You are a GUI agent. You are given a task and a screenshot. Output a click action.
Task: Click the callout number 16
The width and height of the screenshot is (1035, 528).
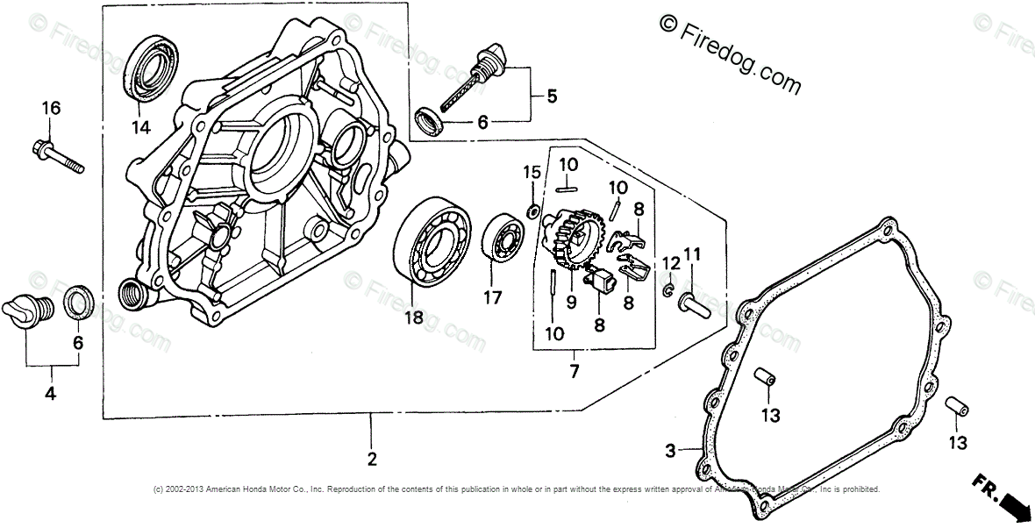click(x=51, y=109)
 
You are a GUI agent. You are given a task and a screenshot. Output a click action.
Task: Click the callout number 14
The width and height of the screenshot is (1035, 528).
click(x=141, y=128)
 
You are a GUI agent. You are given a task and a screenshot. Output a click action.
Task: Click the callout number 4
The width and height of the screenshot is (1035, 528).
click(x=50, y=395)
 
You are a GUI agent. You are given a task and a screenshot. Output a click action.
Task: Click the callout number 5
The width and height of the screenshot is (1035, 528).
click(x=551, y=96)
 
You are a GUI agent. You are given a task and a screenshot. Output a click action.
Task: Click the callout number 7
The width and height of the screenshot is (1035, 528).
click(x=574, y=371)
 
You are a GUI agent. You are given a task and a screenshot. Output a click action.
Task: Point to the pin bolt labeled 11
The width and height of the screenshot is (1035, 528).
click(x=694, y=303)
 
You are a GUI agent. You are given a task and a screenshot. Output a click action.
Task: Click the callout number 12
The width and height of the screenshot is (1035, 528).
click(x=671, y=264)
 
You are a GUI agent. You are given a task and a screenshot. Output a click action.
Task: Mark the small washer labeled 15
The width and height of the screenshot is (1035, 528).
click(x=532, y=210)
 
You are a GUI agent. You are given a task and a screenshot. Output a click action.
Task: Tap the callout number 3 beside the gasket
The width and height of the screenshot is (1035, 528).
click(x=670, y=451)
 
